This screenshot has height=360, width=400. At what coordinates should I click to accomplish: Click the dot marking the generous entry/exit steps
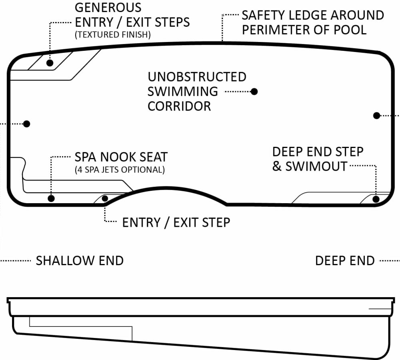click(x=50, y=62)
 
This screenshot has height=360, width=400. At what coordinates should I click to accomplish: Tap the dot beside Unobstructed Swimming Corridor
click(x=254, y=92)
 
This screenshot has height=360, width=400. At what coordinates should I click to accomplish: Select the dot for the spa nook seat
click(x=51, y=198)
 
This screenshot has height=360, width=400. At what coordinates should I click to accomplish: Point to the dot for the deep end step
click(x=376, y=199)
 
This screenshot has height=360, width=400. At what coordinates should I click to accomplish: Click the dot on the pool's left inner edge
click(x=27, y=124)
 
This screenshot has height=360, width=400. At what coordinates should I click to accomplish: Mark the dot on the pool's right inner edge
click(x=376, y=115)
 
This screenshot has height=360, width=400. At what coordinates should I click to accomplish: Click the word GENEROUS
click(x=108, y=7)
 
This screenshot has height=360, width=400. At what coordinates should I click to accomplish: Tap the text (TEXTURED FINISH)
click(x=112, y=35)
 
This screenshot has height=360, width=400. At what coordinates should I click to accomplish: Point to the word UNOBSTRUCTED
click(x=197, y=77)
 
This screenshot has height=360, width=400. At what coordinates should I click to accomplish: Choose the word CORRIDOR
click(x=179, y=106)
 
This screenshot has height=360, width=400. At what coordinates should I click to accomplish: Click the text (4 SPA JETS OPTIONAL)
click(x=120, y=170)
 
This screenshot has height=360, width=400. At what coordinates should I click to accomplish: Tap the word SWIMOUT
click(x=316, y=166)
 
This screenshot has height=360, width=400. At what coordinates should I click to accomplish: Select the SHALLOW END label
click(x=80, y=261)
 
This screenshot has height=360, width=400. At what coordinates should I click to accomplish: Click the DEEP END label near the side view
click(x=345, y=261)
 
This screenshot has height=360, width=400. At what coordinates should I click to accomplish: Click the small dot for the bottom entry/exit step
click(x=105, y=198)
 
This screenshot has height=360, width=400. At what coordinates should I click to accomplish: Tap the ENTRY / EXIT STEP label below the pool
click(x=176, y=222)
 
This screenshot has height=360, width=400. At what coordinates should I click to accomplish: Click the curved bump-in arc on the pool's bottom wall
click(x=166, y=188)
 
